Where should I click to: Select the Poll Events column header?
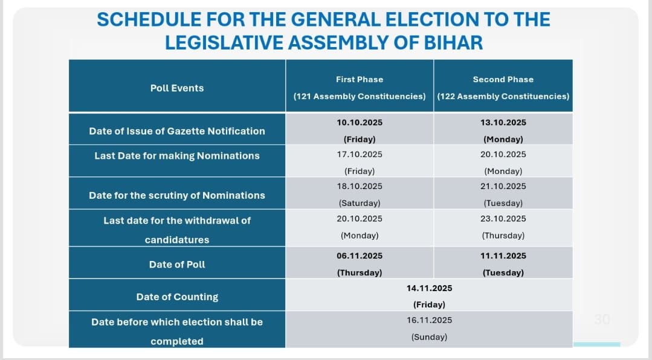(177, 88)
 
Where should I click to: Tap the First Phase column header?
(360, 79)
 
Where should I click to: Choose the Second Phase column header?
(503, 79)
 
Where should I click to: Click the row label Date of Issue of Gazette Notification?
(177, 131)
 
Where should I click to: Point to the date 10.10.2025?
(360, 123)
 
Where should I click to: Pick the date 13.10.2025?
(503, 123)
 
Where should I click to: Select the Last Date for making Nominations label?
(177, 156)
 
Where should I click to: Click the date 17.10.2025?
(360, 155)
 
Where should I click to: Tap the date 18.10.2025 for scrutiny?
(360, 187)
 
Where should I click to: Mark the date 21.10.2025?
(503, 187)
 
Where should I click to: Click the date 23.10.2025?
(503, 219)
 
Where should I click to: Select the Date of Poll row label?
(177, 265)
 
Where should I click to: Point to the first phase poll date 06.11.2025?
(360, 256)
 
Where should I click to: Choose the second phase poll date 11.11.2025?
(503, 256)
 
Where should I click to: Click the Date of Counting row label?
(177, 297)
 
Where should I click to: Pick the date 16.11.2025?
(429, 320)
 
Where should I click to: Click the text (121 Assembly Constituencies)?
(360, 97)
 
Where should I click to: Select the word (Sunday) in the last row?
(429, 337)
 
